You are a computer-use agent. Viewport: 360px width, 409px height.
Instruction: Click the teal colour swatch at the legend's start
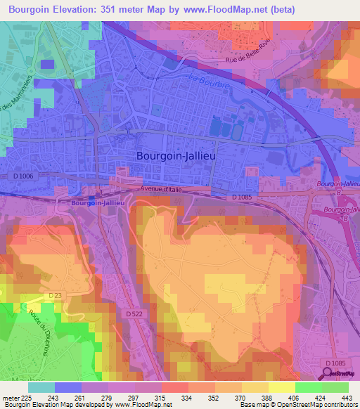pos(41,387)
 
